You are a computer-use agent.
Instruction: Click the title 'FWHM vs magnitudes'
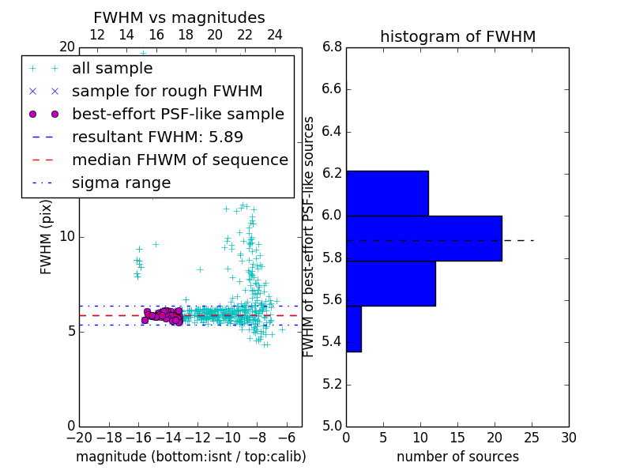pos(179,17)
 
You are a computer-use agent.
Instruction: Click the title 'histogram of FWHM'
pos(457,36)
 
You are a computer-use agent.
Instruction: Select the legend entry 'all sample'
pos(112,69)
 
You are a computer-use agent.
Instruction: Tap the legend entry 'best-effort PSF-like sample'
pos(178,114)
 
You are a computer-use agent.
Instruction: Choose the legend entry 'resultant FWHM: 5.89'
pos(157,137)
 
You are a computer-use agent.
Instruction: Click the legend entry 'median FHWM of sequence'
pos(179,160)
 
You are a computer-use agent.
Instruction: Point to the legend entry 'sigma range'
pos(121,182)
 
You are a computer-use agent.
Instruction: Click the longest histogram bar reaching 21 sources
pos(423,238)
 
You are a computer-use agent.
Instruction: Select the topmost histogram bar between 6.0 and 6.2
pos(387,193)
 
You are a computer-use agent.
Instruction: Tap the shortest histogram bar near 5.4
pos(353,329)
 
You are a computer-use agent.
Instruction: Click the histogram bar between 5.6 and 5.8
pos(390,283)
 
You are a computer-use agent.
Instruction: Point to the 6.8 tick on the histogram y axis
pos(332,47)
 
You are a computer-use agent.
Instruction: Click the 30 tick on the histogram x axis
pos(568,437)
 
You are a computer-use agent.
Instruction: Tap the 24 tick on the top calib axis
pos(275,35)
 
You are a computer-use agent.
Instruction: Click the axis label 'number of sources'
pos(457,457)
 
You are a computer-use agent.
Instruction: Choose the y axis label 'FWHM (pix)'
pos(47,236)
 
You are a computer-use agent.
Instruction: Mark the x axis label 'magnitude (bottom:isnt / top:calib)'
pos(190,457)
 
